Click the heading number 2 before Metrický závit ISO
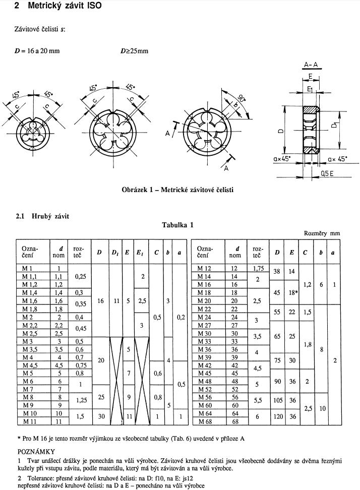(18, 6)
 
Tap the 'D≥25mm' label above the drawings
(134, 51)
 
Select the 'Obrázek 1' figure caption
(177, 190)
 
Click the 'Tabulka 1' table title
(177, 225)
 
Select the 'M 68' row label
(205, 421)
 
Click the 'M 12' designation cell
(205, 269)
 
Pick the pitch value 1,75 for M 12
(258, 269)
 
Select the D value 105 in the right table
(278, 397)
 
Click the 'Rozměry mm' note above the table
(322, 233)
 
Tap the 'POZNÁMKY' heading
(36, 451)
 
